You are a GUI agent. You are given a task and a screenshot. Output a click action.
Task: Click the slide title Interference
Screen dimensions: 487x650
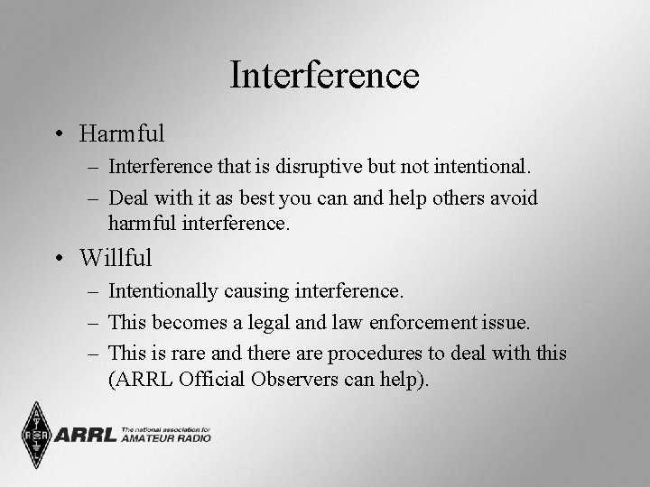click(x=324, y=75)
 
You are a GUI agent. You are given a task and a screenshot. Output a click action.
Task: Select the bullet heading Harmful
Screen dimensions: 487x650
click(x=122, y=134)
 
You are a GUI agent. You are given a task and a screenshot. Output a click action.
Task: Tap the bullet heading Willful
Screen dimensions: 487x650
click(x=116, y=258)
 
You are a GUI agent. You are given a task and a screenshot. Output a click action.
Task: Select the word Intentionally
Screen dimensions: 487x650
click(x=163, y=290)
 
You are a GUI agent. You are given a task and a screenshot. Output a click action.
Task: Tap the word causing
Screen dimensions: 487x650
click(x=255, y=290)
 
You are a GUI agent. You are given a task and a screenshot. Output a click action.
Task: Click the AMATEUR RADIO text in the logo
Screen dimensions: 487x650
click(x=165, y=438)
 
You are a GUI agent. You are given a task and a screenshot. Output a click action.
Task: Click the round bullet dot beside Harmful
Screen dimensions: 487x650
click(x=59, y=135)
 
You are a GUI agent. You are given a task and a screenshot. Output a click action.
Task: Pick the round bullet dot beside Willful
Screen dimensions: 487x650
click(x=59, y=259)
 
